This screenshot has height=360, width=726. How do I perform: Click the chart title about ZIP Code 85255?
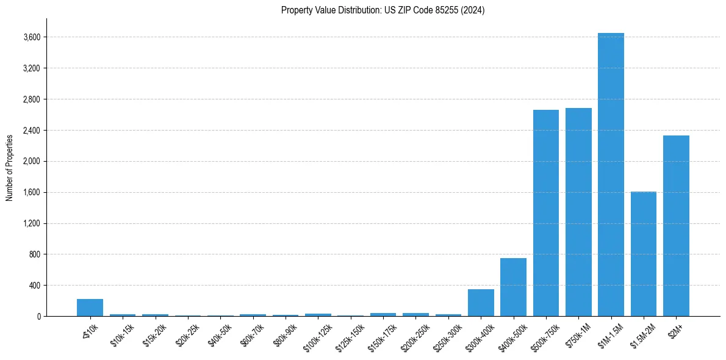(383, 10)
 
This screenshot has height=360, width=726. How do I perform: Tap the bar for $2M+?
(676, 226)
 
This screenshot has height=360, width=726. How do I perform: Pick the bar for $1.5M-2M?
(643, 254)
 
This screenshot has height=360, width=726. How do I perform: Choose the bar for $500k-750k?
(545, 213)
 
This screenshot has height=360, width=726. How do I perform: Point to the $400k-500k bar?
(513, 287)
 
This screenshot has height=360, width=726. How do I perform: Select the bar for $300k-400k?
(481, 303)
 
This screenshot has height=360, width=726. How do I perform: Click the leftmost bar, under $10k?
(90, 308)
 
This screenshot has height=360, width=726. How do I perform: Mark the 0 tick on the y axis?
(38, 317)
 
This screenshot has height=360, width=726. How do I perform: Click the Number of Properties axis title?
(10, 167)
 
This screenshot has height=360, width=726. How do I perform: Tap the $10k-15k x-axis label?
(122, 334)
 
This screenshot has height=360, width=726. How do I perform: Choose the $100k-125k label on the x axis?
(317, 336)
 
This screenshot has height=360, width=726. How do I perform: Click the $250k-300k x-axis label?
(447, 336)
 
